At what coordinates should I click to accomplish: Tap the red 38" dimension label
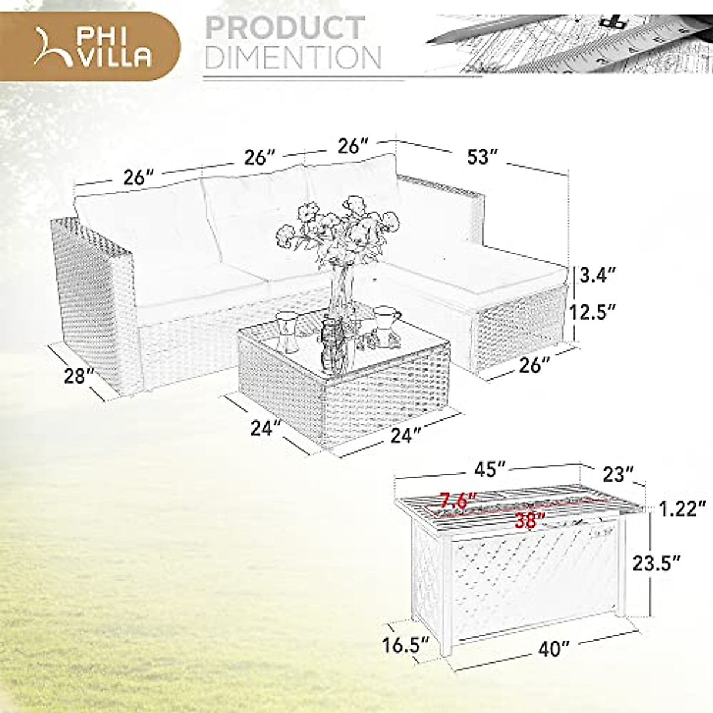pos(529,521)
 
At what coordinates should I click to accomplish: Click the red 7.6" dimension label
pos(456,500)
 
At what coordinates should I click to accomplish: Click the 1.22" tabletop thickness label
pos(682,509)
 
